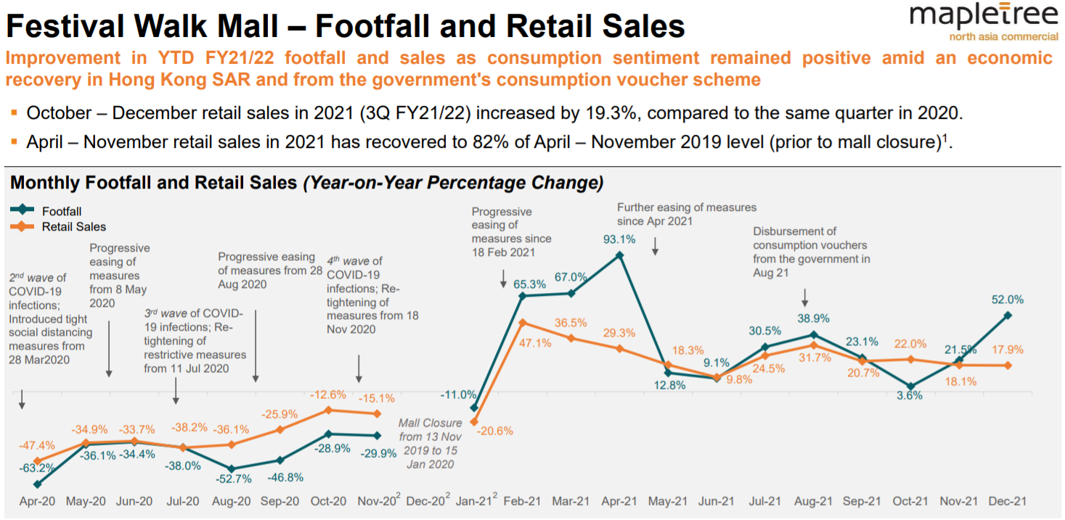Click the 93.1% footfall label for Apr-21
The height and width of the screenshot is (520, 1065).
coord(619,239)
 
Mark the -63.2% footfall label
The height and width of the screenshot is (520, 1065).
coord(36,468)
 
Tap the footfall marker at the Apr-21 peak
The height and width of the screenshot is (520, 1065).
coord(619,255)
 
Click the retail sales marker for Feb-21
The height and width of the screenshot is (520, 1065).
coord(523,323)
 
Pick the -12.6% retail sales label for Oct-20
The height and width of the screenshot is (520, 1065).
coord(329,395)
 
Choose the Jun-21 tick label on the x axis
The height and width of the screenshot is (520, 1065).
coord(717,501)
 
